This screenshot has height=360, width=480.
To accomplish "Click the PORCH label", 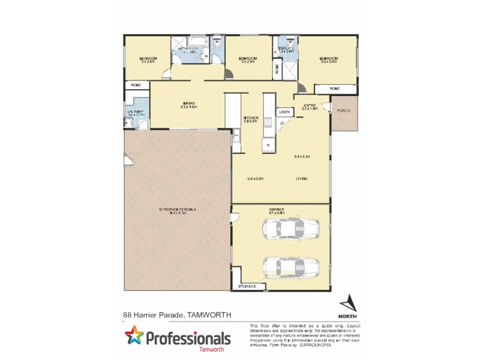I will coord(344,111).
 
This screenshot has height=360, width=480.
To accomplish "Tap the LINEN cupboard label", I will coord(284,112).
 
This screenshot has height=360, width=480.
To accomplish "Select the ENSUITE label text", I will coord(286,47).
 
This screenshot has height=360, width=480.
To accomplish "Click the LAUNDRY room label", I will coord(134,112).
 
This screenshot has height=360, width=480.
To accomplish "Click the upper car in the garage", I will coord(291,229).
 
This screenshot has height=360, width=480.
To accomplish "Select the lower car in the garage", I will coord(291,265).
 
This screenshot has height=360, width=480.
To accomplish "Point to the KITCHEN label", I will coord(250,118).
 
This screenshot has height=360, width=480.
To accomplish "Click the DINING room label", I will coord(188,104).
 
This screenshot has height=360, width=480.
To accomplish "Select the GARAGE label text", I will coord(277,209).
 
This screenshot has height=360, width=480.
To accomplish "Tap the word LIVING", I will coord(301,179).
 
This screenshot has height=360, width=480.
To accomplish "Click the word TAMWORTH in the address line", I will coord(209,314).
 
